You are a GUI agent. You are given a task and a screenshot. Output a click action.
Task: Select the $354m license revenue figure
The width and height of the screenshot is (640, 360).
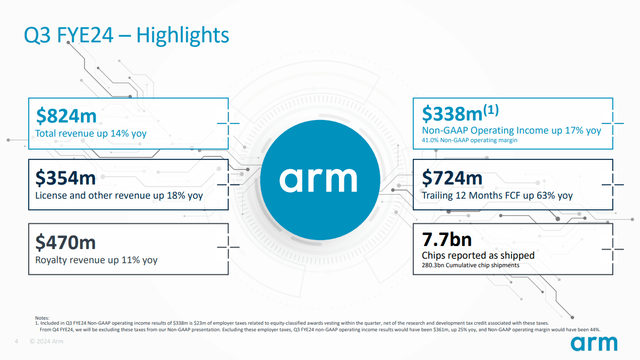[67, 177]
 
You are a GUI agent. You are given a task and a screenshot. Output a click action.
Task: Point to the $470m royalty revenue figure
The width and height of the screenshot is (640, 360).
[67, 241]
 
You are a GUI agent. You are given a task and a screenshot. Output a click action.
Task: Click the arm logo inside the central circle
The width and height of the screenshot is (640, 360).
[320, 179]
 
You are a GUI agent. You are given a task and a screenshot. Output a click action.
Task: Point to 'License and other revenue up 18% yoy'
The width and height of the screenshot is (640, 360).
[119, 196]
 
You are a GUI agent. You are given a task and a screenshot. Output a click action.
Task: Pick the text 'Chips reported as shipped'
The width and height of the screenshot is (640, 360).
[478, 255]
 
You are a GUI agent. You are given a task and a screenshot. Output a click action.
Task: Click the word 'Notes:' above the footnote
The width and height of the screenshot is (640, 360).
[42, 318]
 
